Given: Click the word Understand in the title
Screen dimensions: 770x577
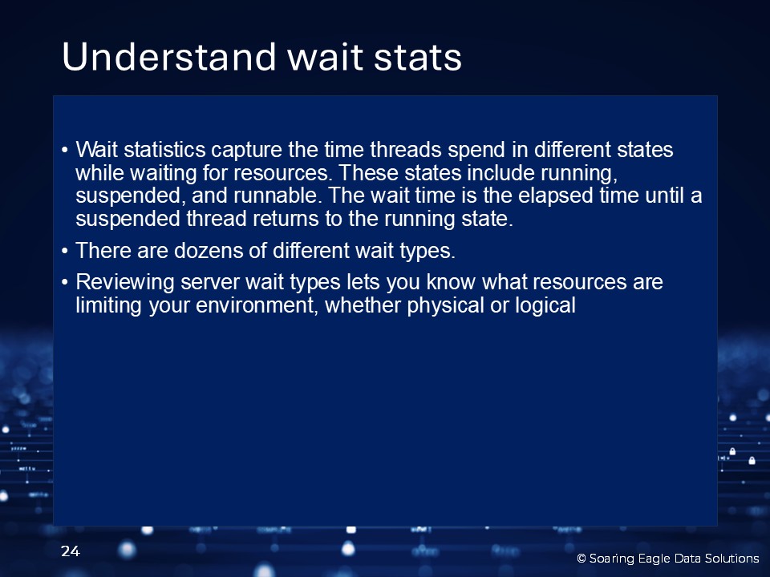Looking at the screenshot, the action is (169, 56).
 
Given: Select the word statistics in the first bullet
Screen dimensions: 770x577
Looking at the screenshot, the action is (164, 150).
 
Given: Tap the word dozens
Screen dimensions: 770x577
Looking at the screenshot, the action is (209, 251).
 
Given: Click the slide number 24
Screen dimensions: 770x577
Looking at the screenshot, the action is (71, 551).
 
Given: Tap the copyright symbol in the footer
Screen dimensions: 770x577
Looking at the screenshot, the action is (582, 559).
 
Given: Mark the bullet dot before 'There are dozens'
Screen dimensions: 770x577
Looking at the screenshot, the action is (65, 251).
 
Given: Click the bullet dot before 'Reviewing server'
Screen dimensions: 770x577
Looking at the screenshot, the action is (65, 283).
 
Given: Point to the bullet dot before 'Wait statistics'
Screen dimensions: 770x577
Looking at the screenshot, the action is (65, 150).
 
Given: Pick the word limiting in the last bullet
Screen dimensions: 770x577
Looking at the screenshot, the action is (108, 306).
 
